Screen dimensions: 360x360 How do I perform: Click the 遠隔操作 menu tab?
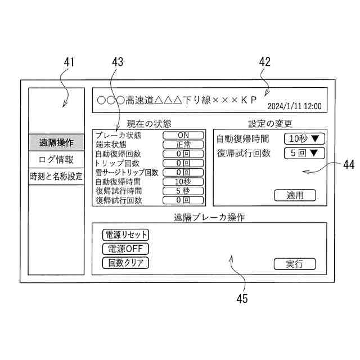56,142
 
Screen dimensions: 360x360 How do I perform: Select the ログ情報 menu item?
56,159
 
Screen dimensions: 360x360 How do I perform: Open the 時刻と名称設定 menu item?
56,176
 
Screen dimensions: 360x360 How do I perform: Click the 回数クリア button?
125,262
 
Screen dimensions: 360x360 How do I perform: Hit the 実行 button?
294,263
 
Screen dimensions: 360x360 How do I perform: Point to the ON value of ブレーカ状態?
183,136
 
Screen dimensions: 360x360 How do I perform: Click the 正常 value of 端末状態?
183,145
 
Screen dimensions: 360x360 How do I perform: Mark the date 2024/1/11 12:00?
294,106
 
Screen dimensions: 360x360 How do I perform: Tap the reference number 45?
242,299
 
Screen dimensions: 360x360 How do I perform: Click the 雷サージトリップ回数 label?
127,172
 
